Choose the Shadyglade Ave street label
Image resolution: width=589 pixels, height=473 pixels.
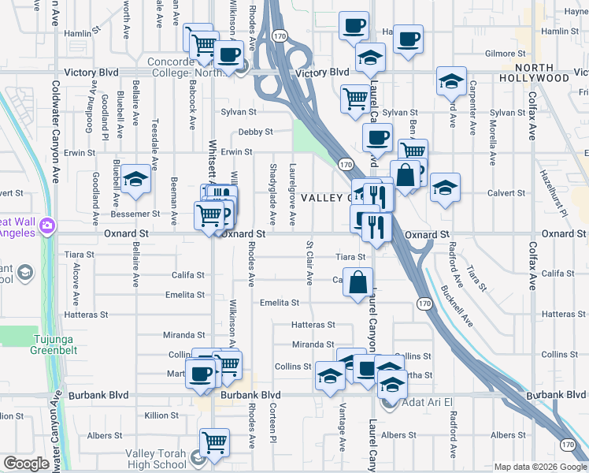pyautogui.click(x=272, y=194)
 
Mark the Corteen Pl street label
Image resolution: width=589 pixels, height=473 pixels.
pyautogui.click(x=272, y=420)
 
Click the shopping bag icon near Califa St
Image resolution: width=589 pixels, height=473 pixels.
pyautogui.click(x=358, y=282)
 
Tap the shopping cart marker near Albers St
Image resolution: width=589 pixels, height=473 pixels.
pyautogui.click(x=214, y=443)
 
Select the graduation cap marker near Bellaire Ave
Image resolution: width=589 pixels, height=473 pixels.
pyautogui.click(x=135, y=179)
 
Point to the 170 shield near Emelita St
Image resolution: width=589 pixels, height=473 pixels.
pyautogui.click(x=424, y=304)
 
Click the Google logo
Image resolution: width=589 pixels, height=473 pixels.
pyautogui.click(x=26, y=464)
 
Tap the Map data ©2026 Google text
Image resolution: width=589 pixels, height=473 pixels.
pyautogui.click(x=540, y=467)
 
